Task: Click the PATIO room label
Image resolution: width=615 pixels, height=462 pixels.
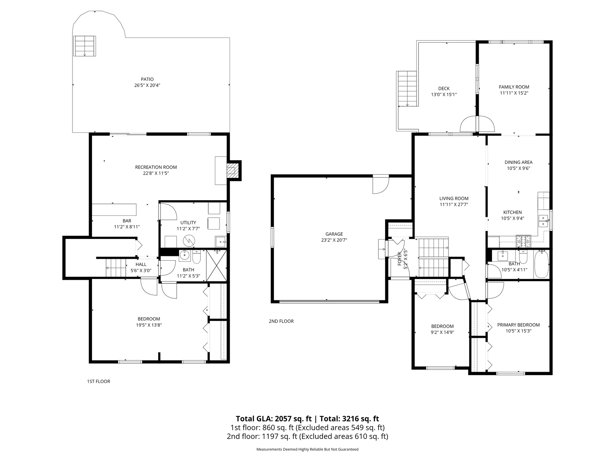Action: click(147, 79)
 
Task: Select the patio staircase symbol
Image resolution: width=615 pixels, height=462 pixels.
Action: click(85, 46)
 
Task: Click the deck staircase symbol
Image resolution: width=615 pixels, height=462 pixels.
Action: click(407, 89)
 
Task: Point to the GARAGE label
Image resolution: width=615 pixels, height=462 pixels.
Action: click(334, 234)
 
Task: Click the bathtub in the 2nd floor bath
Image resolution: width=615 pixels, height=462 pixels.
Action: click(541, 265)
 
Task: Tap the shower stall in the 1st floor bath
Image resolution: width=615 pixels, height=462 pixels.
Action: click(216, 266)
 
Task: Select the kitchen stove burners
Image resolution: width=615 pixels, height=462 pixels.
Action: click(523, 241)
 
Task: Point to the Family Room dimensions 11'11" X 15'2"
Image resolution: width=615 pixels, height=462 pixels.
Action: click(514, 93)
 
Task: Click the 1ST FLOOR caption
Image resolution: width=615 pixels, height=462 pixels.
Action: click(98, 382)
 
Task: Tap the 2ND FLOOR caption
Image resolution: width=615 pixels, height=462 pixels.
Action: click(281, 321)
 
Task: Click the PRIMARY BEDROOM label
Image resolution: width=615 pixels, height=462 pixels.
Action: click(518, 325)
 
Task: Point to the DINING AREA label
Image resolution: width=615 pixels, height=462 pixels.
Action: click(518, 162)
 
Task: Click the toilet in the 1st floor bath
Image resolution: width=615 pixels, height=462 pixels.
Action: click(196, 257)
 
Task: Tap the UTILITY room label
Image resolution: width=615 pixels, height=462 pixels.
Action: click(188, 223)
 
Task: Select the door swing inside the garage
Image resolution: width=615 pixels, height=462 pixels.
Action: click(381, 184)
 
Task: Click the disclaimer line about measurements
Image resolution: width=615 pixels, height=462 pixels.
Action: click(307, 449)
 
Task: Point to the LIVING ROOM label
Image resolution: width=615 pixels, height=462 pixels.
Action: click(454, 199)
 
